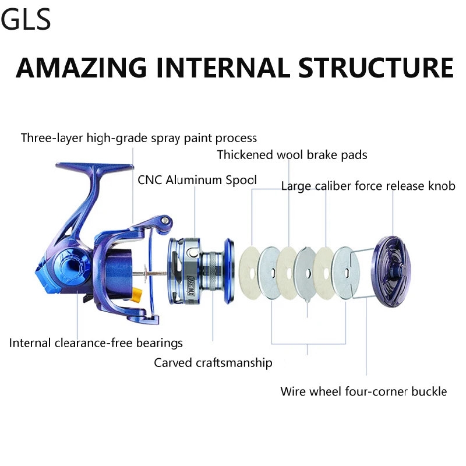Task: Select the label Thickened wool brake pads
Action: [x=292, y=155]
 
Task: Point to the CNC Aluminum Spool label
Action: [x=197, y=180]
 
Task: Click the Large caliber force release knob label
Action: [x=368, y=186]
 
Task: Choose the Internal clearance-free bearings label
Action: [x=96, y=343]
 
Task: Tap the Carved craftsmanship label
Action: [x=213, y=363]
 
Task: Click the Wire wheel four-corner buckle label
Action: [x=363, y=391]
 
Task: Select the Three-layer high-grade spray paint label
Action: [x=139, y=138]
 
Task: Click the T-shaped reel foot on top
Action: [x=93, y=170]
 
